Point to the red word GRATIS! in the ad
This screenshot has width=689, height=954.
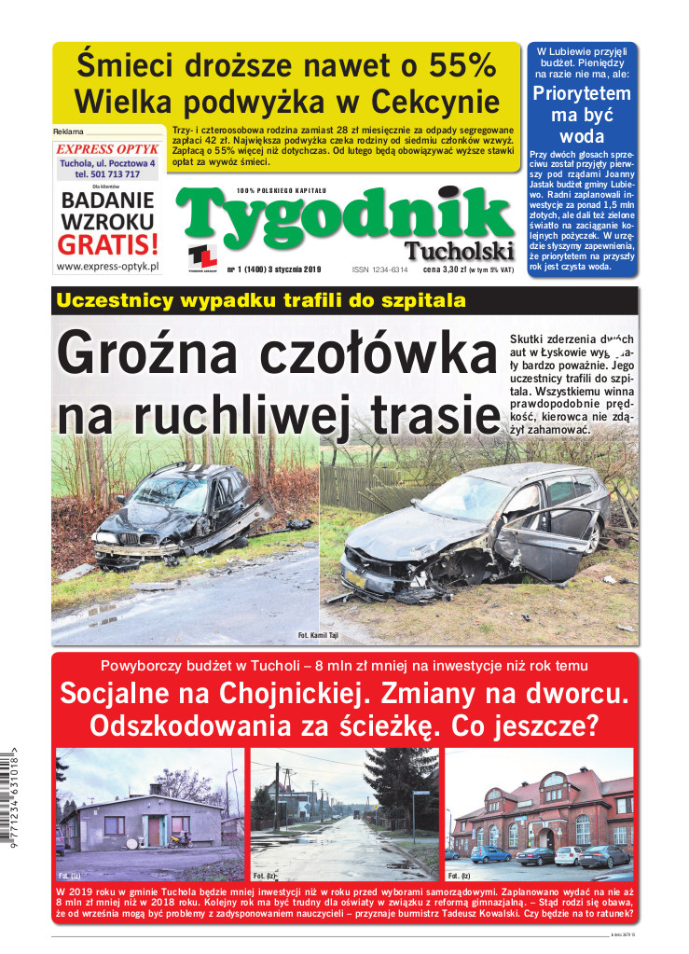tap(107, 244)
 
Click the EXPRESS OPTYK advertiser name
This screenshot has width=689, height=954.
tap(107, 148)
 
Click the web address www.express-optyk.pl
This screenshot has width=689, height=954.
tap(107, 266)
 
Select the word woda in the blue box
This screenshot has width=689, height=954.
tap(583, 137)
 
